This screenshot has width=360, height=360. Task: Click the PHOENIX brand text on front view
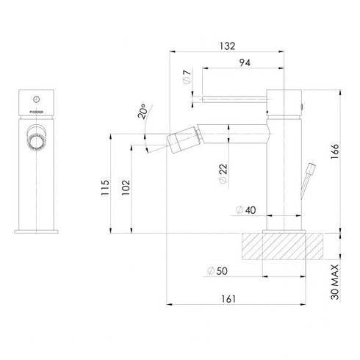click(x=35, y=114)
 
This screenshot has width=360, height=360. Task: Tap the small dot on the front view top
click(x=35, y=96)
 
